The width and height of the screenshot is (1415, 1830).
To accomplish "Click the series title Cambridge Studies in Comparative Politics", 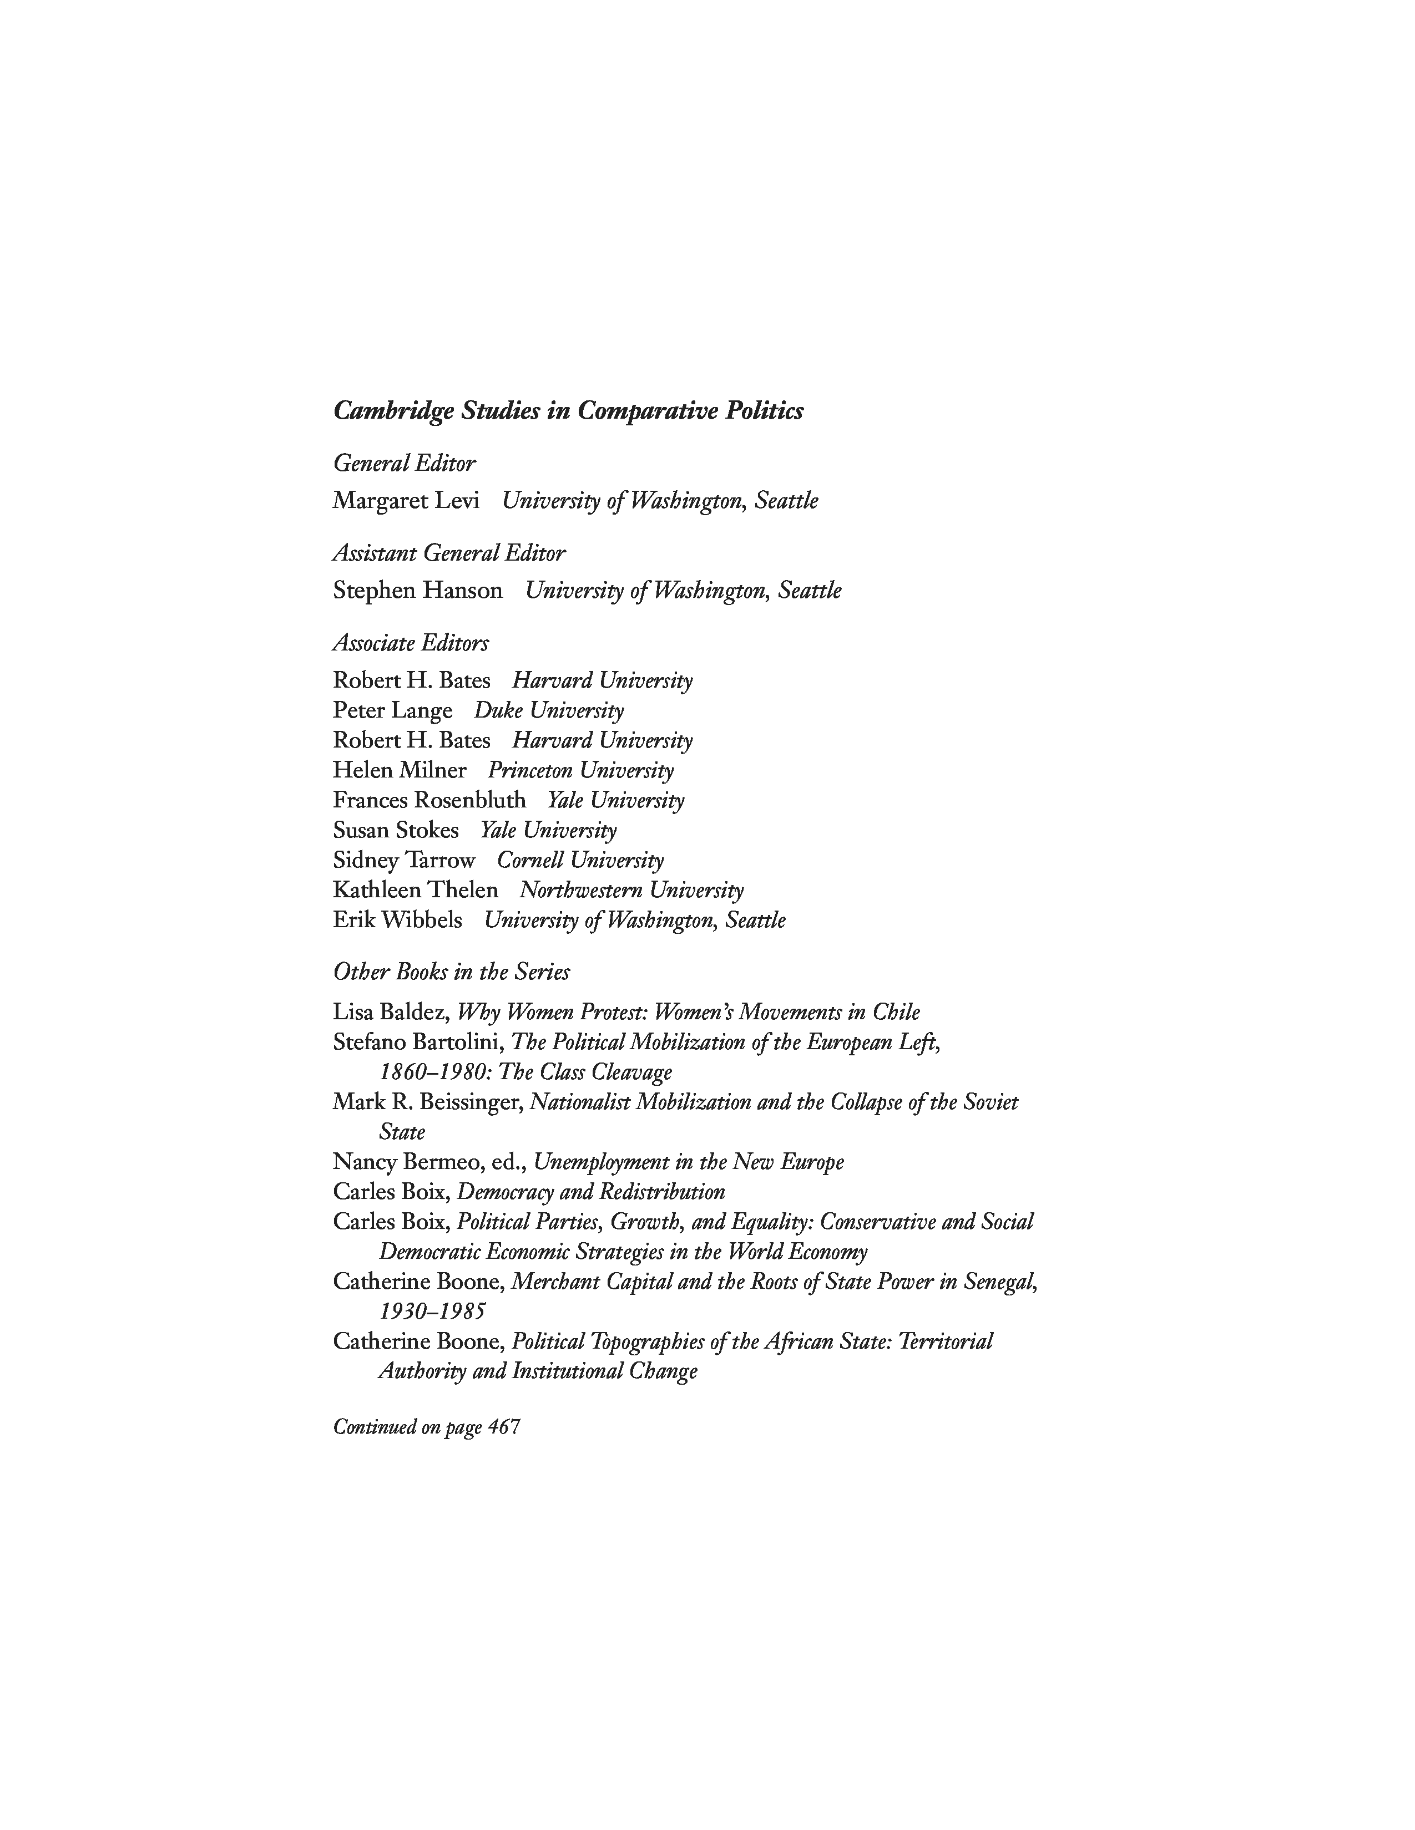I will click(x=568, y=410).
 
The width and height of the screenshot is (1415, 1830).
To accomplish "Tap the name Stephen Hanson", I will click(x=417, y=590).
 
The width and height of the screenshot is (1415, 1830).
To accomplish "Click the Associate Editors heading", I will click(x=411, y=643).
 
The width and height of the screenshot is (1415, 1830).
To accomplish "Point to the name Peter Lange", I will click(x=392, y=710).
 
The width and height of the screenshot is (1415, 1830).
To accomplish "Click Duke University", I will click(x=549, y=710).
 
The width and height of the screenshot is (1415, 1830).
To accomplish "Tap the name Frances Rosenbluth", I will click(x=429, y=800).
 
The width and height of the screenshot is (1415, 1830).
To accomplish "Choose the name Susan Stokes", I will click(x=396, y=830).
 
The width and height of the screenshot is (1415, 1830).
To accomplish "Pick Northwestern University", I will click(x=631, y=890).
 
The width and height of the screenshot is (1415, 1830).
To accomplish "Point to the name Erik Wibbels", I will click(x=397, y=920).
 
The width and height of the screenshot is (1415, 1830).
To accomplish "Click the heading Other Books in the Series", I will click(x=451, y=972).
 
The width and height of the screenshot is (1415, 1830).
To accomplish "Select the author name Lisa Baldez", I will click(x=389, y=1012).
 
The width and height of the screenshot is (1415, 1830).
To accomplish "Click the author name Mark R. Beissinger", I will click(x=427, y=1102).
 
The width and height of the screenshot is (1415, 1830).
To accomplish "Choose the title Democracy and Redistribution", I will click(x=591, y=1192).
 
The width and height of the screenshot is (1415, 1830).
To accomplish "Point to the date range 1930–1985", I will click(x=432, y=1311).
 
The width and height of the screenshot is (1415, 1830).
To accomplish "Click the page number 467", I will click(x=504, y=1426).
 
